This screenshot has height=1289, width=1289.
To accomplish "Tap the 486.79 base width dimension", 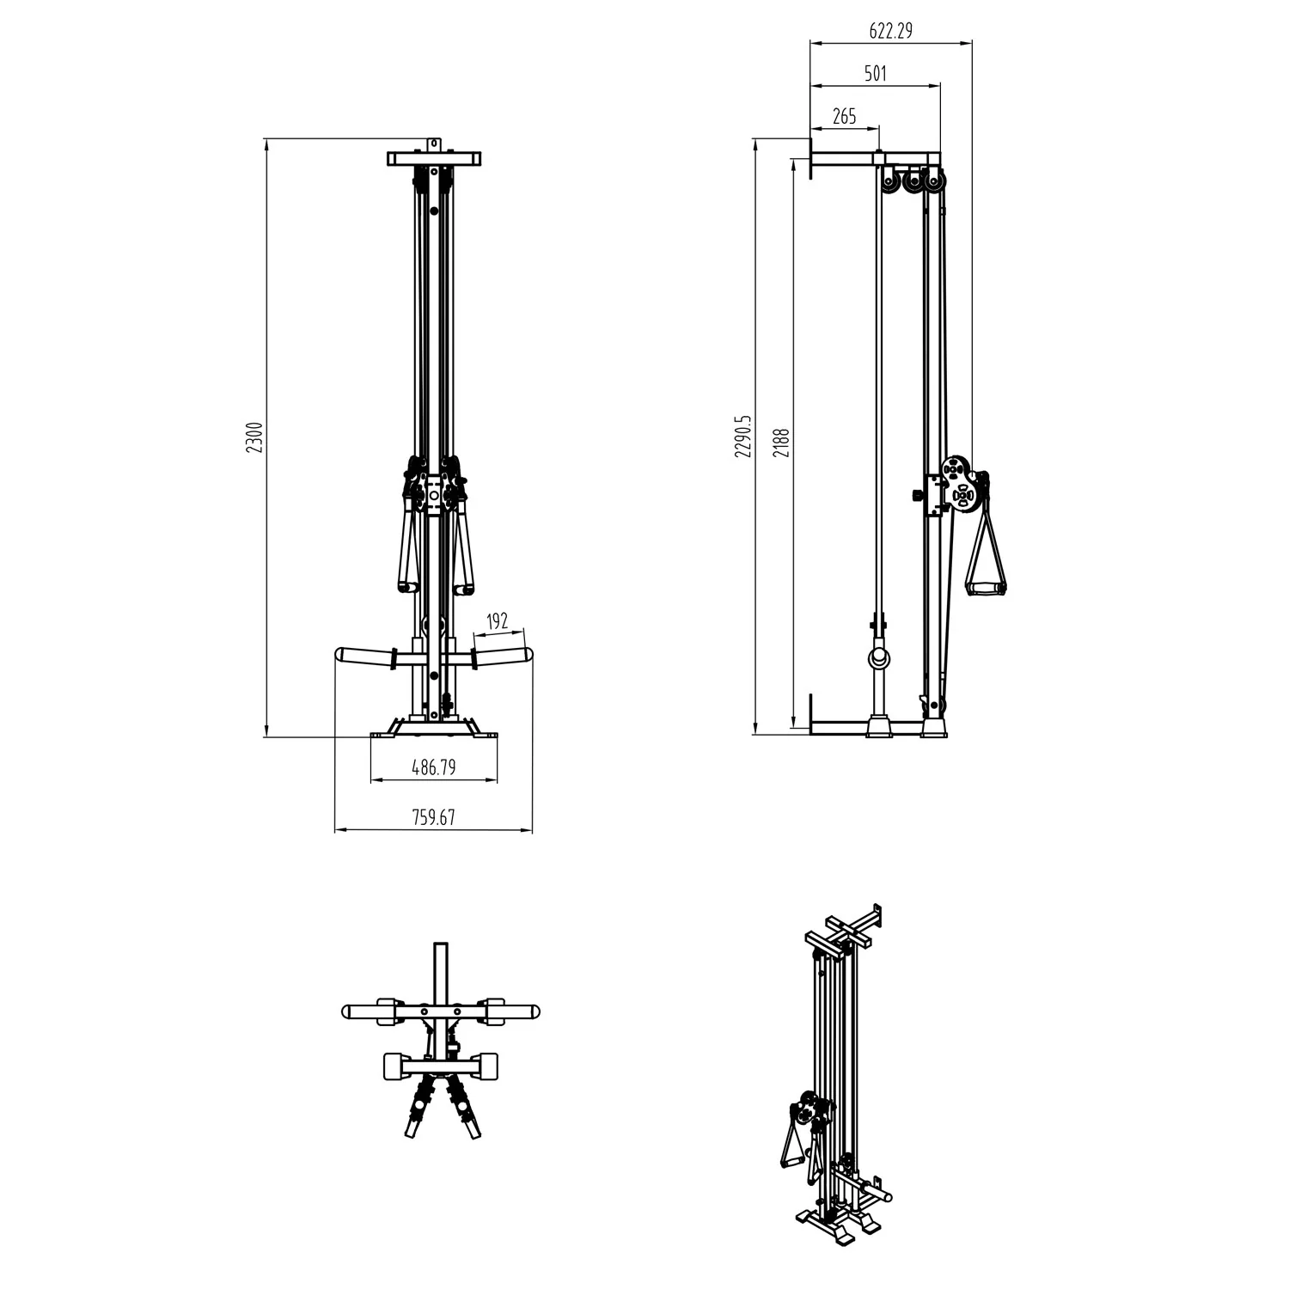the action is pyautogui.click(x=434, y=768).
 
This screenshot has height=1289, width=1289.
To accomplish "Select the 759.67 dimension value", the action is pyautogui.click(x=434, y=817).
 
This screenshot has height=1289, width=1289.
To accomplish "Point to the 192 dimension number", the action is pyautogui.click(x=498, y=620).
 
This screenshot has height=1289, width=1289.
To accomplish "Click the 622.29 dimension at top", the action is pyautogui.click(x=890, y=31).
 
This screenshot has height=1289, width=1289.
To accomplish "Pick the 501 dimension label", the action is pyautogui.click(x=875, y=74).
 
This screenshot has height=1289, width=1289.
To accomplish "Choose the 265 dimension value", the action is pyautogui.click(x=845, y=116).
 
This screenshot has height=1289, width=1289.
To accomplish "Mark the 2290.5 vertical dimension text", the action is pyautogui.click(x=744, y=436).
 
